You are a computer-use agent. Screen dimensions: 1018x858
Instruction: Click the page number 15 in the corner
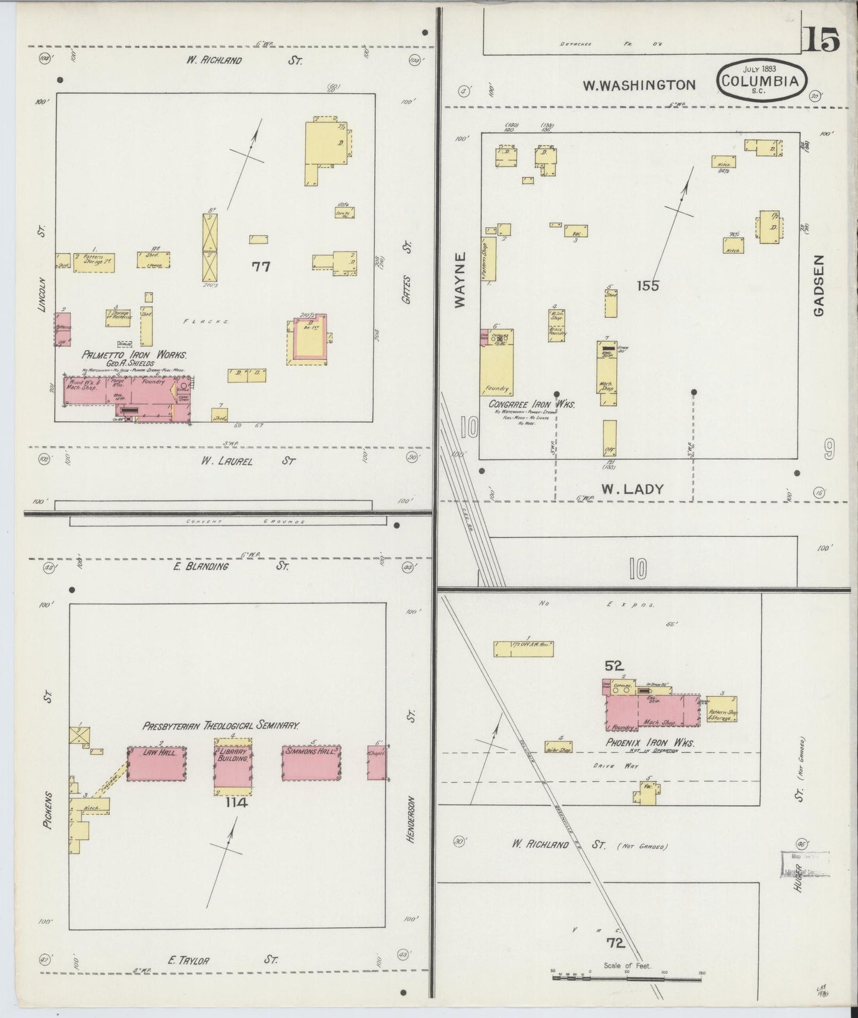822,41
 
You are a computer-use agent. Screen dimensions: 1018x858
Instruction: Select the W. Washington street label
638,86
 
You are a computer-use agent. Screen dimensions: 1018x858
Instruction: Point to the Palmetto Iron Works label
134,355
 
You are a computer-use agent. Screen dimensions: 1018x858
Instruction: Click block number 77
261,267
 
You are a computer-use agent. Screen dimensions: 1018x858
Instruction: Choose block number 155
647,286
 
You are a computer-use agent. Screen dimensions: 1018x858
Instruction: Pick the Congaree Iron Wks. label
531,404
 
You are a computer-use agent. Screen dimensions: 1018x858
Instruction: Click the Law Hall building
157,764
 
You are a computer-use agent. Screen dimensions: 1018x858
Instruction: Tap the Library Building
233,766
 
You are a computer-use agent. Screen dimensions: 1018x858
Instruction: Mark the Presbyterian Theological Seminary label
220,725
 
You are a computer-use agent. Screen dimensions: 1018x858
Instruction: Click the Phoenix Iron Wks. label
650,742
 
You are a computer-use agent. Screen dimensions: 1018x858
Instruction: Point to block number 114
235,803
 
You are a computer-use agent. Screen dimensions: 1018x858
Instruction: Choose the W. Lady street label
632,489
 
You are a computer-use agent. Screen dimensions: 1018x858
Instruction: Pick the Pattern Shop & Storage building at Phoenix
721,710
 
